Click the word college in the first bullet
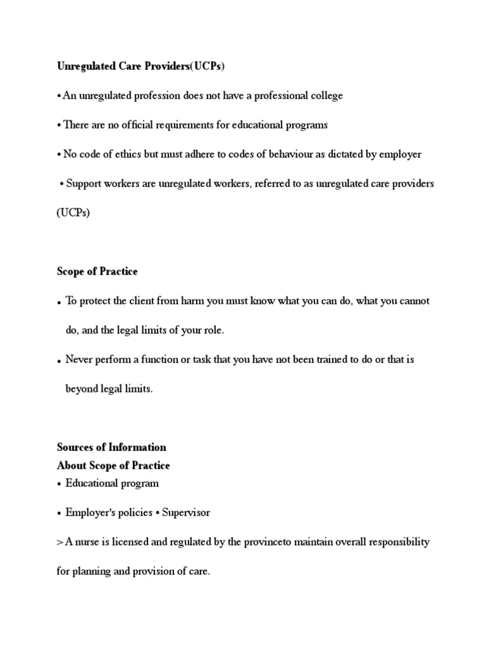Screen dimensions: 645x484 [x=326, y=96]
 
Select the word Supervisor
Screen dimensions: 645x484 [x=186, y=512]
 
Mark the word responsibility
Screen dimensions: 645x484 [x=400, y=542]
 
